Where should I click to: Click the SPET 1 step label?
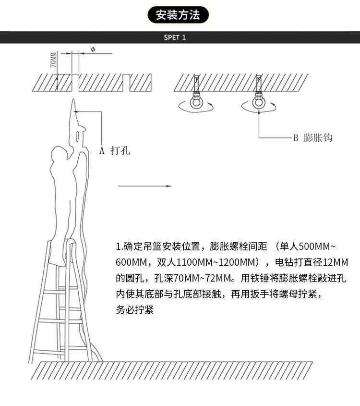(174, 37)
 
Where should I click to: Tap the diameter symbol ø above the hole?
(93, 49)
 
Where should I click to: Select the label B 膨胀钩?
(312, 137)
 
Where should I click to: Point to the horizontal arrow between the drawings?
(144, 185)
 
